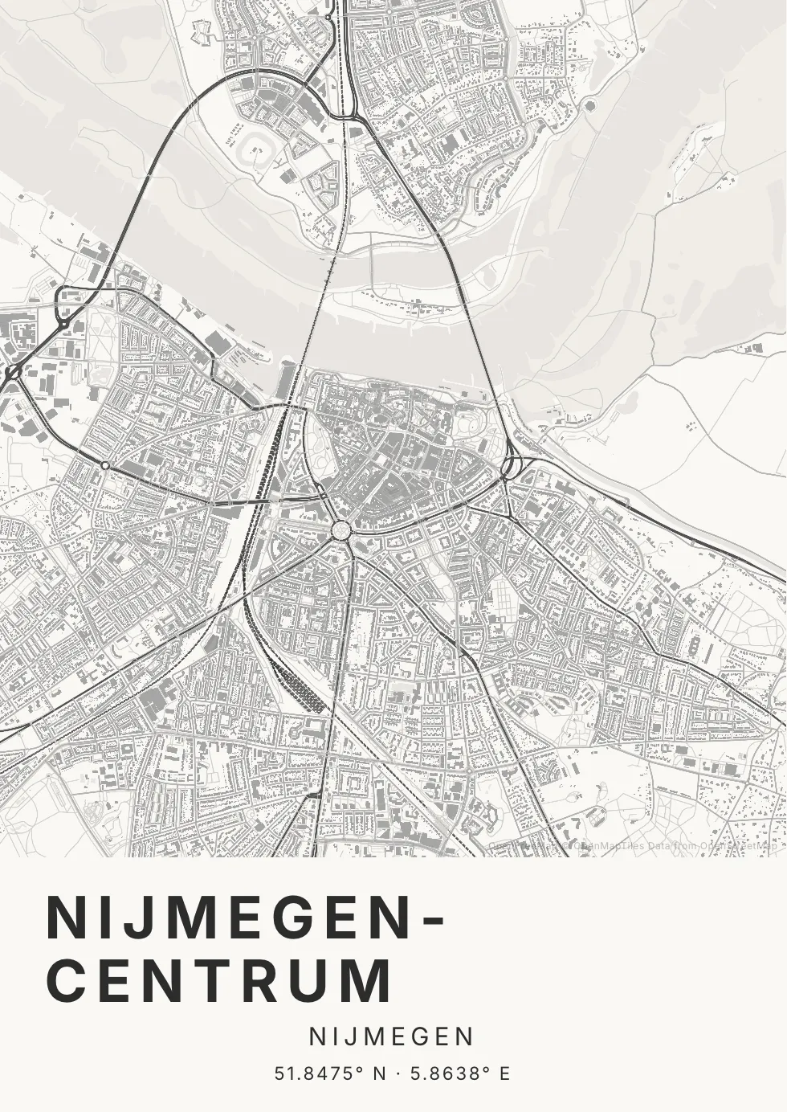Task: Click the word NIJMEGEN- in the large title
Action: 233,917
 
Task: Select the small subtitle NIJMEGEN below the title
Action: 392,1037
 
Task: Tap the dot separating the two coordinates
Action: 397,1073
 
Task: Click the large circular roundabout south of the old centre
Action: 340,530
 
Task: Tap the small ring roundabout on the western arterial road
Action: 104,465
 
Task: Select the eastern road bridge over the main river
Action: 475,321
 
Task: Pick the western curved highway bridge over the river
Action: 145,201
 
